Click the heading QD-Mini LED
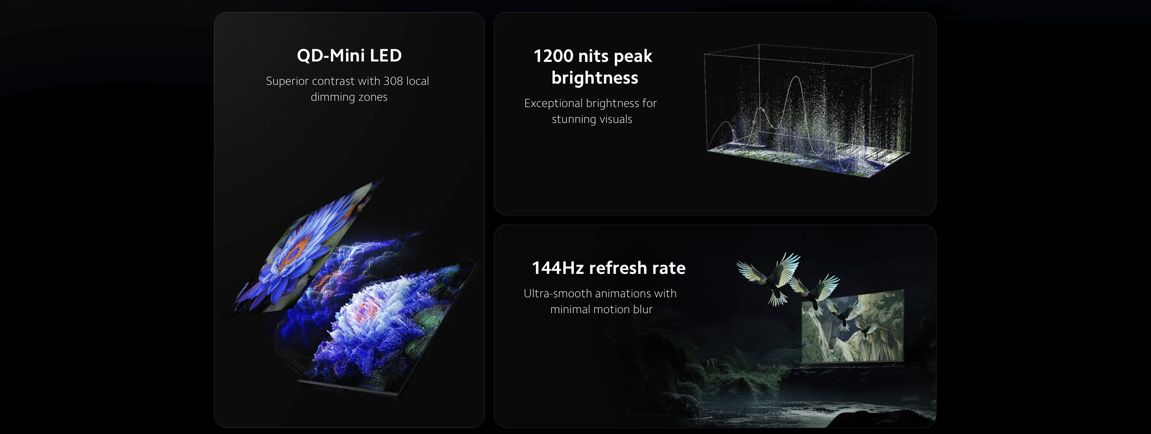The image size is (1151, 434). (349, 56)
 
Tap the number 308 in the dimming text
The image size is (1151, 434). (393, 81)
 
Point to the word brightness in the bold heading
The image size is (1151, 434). (595, 78)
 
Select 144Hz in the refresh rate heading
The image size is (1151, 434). (558, 268)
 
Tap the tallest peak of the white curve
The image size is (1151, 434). (796, 77)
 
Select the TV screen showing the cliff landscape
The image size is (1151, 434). (853, 326)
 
